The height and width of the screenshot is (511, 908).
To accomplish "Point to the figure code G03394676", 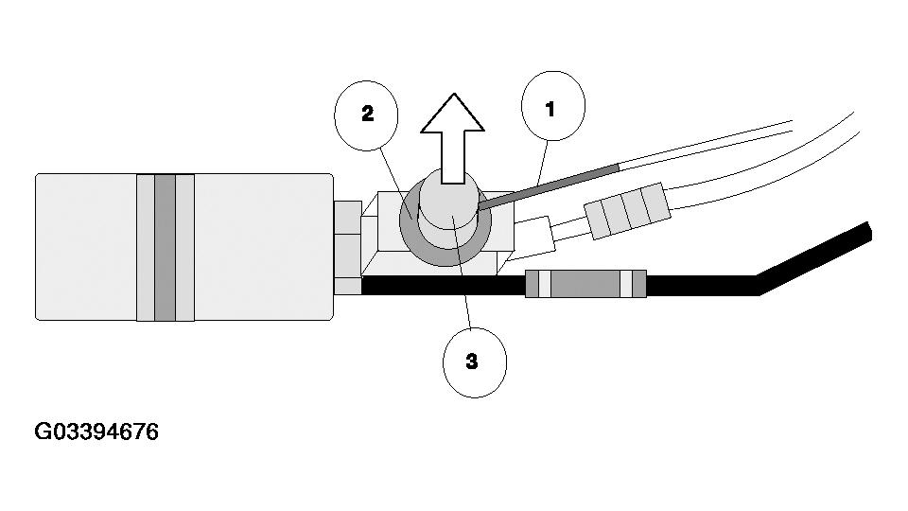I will coord(96,432).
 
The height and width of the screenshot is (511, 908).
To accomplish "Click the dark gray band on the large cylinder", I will coord(166,247).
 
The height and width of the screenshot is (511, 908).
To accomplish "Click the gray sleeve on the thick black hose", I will coord(586,284).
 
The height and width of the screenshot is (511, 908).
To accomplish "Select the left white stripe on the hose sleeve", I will coord(544,284).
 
